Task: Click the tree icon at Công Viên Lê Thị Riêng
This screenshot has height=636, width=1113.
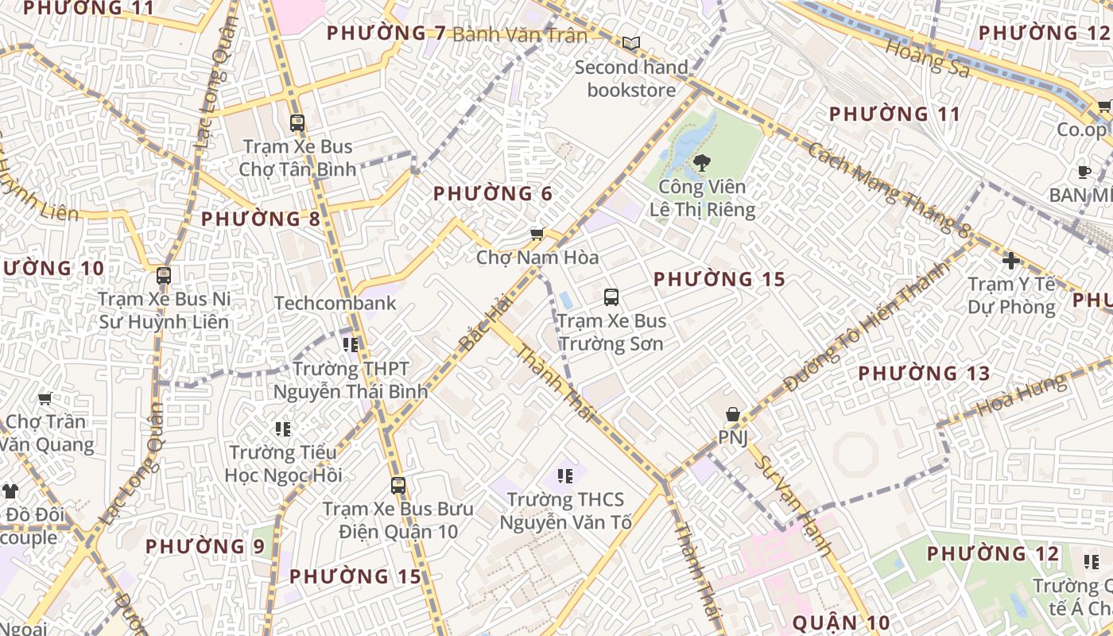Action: pos(701,163)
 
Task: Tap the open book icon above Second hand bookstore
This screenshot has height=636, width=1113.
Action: pos(630,43)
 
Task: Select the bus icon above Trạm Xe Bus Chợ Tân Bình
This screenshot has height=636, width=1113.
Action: pos(297,122)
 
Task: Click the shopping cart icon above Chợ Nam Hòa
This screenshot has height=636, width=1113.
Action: pos(537,234)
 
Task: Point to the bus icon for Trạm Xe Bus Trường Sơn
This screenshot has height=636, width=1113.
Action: pos(611,297)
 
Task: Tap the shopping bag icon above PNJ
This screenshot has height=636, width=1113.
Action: pos(732,414)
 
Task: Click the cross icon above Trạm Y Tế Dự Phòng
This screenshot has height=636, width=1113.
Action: pos(1010,260)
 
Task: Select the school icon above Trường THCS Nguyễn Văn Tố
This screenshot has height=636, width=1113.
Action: pos(565,476)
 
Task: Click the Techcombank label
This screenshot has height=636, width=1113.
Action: pos(335,303)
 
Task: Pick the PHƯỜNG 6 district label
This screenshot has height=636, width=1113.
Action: pos(492,193)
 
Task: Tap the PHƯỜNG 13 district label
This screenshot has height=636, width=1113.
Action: pos(924,373)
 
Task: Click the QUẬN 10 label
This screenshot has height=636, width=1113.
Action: pos(840,622)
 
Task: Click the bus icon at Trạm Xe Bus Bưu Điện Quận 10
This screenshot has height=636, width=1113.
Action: pos(398,485)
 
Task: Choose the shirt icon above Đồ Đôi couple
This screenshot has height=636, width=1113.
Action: pos(10,491)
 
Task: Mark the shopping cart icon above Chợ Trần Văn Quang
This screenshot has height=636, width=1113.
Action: pos(45,398)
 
